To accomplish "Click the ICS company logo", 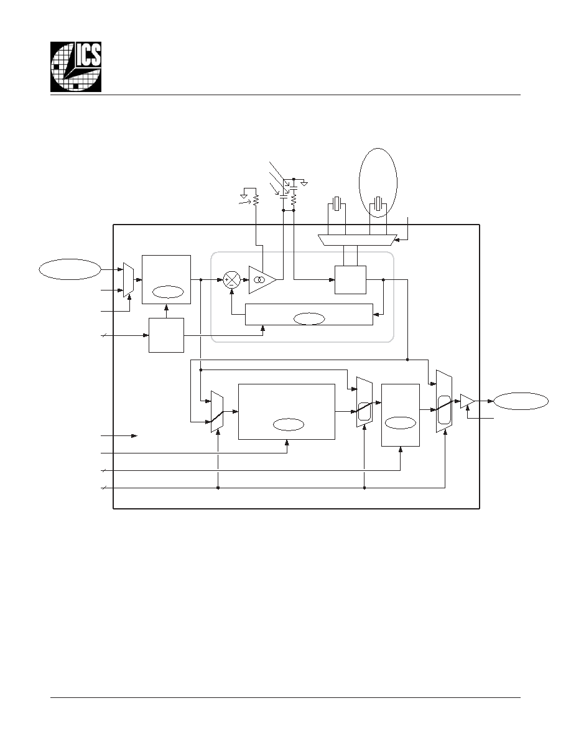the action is (x=76, y=67).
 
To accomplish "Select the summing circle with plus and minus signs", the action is (x=231, y=280).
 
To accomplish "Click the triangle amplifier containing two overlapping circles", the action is (x=261, y=280).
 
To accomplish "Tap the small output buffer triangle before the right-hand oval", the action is (x=467, y=401).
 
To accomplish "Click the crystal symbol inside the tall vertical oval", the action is (x=378, y=203).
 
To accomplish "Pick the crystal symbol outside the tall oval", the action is (x=337, y=203).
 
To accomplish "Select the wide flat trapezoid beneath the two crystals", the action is (x=358, y=240).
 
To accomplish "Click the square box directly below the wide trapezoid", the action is (x=350, y=280).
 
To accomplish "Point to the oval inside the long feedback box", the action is (x=309, y=319).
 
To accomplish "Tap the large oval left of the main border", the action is (x=70, y=269).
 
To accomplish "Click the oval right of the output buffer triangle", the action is (x=521, y=401).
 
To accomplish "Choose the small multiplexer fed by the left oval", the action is (x=128, y=280).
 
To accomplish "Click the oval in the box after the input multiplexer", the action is (x=168, y=292).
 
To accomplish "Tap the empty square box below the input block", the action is (x=166, y=335).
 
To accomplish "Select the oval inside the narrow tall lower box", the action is (x=400, y=423).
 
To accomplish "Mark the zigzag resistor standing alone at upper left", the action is (x=256, y=200).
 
